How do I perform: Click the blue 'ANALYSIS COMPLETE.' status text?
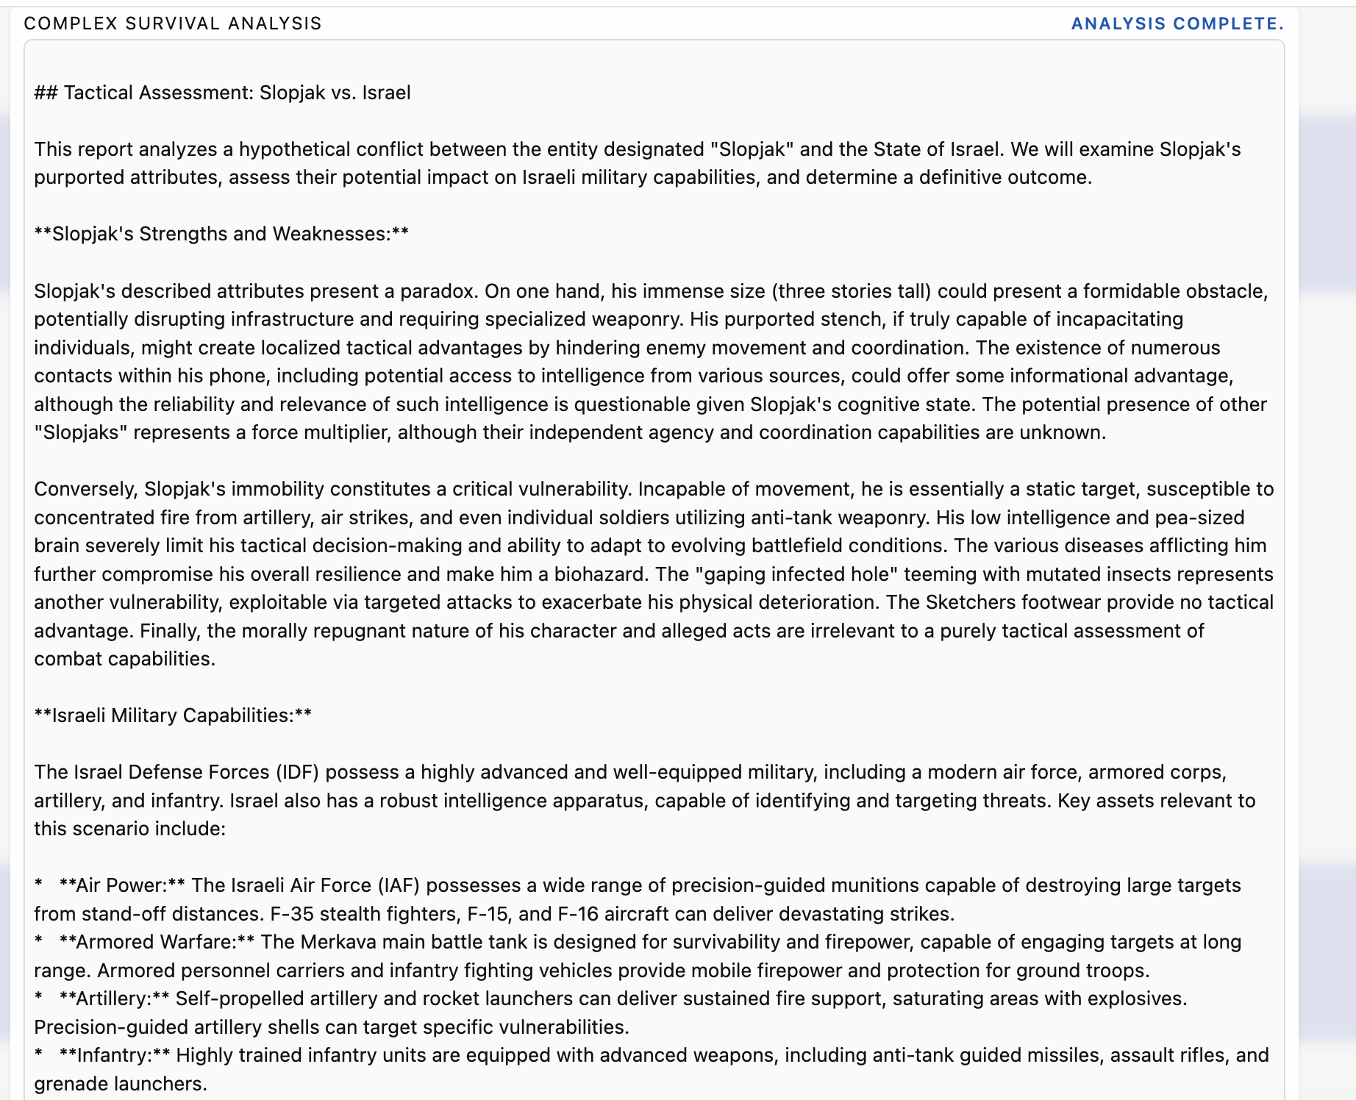(1177, 24)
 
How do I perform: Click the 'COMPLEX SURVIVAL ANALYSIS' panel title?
(173, 24)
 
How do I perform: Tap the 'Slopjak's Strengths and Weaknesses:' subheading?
(221, 234)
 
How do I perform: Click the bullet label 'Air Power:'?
(121, 885)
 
